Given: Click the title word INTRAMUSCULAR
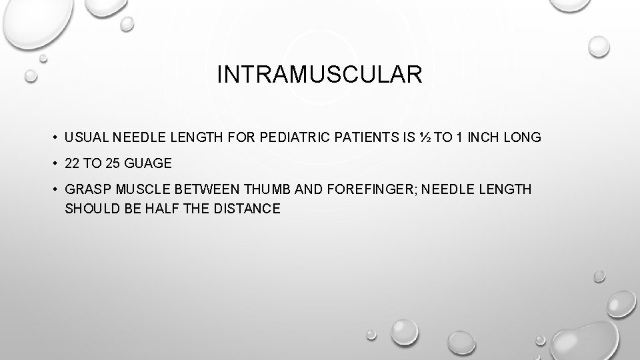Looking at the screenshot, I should [319, 75].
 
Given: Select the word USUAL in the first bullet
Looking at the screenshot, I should [87, 138].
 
